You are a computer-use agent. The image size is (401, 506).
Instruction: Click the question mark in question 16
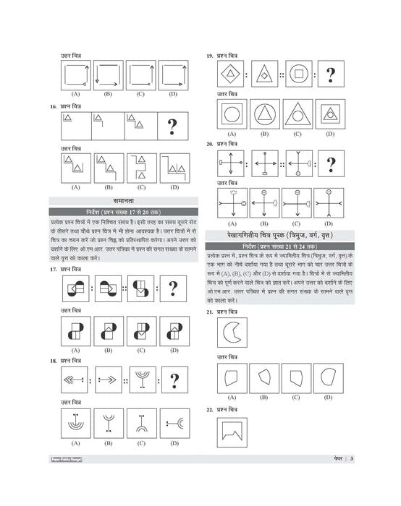tap(172, 126)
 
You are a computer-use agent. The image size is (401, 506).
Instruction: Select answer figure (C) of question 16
tap(140, 168)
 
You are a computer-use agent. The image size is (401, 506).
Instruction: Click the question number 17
tap(54, 269)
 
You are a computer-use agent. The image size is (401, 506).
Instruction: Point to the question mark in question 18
tap(173, 379)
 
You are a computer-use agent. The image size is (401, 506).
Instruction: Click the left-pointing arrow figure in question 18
tap(75, 379)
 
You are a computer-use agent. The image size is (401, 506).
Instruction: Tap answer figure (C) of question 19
tap(297, 113)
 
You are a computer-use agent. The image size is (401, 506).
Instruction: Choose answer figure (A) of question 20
tap(232, 204)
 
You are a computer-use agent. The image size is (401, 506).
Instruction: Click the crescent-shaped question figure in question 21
tap(232, 333)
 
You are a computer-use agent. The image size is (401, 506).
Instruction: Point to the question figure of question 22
tap(232, 432)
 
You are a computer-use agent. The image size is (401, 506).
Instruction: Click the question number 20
tap(209, 144)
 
